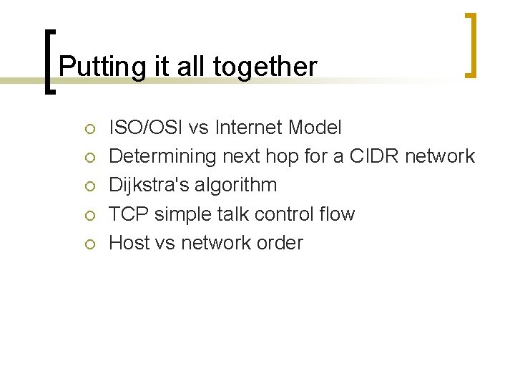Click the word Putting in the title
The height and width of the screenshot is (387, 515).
pyautogui.click(x=89, y=67)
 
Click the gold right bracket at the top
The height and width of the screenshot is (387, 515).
pyautogui.click(x=471, y=44)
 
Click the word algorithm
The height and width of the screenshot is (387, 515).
pyautogui.click(x=240, y=185)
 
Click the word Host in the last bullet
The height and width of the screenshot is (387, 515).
pyautogui.click(x=129, y=242)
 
